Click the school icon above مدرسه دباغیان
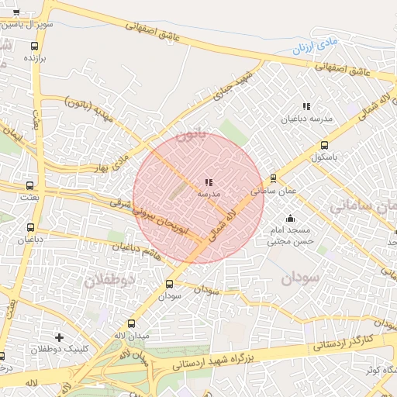(306, 106)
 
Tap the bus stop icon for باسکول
(324, 144)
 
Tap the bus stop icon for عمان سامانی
(273, 178)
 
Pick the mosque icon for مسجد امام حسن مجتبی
(290, 219)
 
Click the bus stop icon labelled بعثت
(30, 186)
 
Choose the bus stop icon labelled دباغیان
(31, 228)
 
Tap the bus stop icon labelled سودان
(170, 284)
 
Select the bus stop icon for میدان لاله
(130, 323)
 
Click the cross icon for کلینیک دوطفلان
(59, 337)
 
